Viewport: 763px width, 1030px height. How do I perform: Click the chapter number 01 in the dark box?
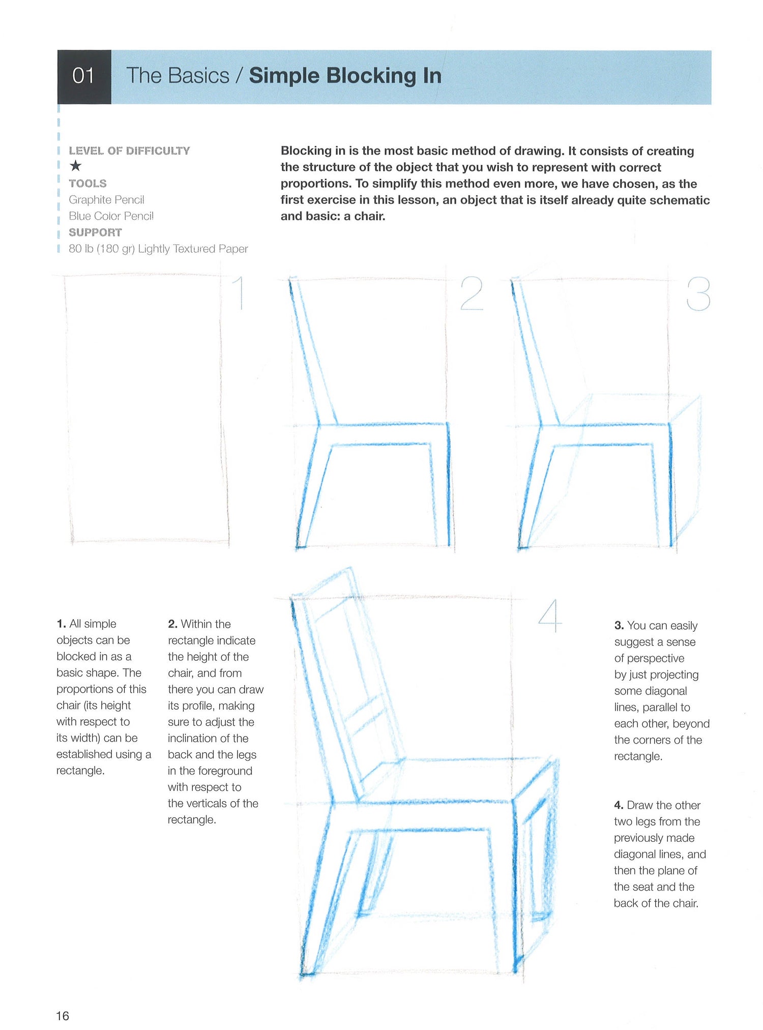pyautogui.click(x=83, y=76)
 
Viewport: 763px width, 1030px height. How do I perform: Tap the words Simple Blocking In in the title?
pyautogui.click(x=345, y=76)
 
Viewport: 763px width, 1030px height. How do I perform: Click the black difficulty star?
pyautogui.click(x=76, y=166)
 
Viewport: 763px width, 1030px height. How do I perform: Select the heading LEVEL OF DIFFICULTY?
pyautogui.click(x=129, y=151)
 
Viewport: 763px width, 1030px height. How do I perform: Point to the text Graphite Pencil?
pyautogui.click(x=106, y=200)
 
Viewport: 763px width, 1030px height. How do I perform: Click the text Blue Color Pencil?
pyautogui.click(x=111, y=216)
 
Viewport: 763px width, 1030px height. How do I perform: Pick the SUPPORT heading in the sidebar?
pyautogui.click(x=95, y=232)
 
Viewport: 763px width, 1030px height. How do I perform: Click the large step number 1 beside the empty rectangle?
pyautogui.click(x=240, y=293)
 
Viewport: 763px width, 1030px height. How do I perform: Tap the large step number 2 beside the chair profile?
pyautogui.click(x=471, y=293)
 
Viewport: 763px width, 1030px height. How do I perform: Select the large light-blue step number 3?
pyautogui.click(x=698, y=294)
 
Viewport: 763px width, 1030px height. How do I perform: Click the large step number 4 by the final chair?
pyautogui.click(x=550, y=616)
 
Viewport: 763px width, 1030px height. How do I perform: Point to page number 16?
pyautogui.click(x=63, y=1016)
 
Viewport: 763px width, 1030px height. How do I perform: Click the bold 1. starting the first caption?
pyautogui.click(x=61, y=624)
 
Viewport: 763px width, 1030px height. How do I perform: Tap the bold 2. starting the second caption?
pyautogui.click(x=172, y=624)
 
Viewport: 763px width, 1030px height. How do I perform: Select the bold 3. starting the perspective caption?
pyautogui.click(x=619, y=626)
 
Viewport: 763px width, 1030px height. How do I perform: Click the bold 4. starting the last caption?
pyautogui.click(x=619, y=805)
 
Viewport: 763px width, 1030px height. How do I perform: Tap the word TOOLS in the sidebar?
pyautogui.click(x=87, y=184)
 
